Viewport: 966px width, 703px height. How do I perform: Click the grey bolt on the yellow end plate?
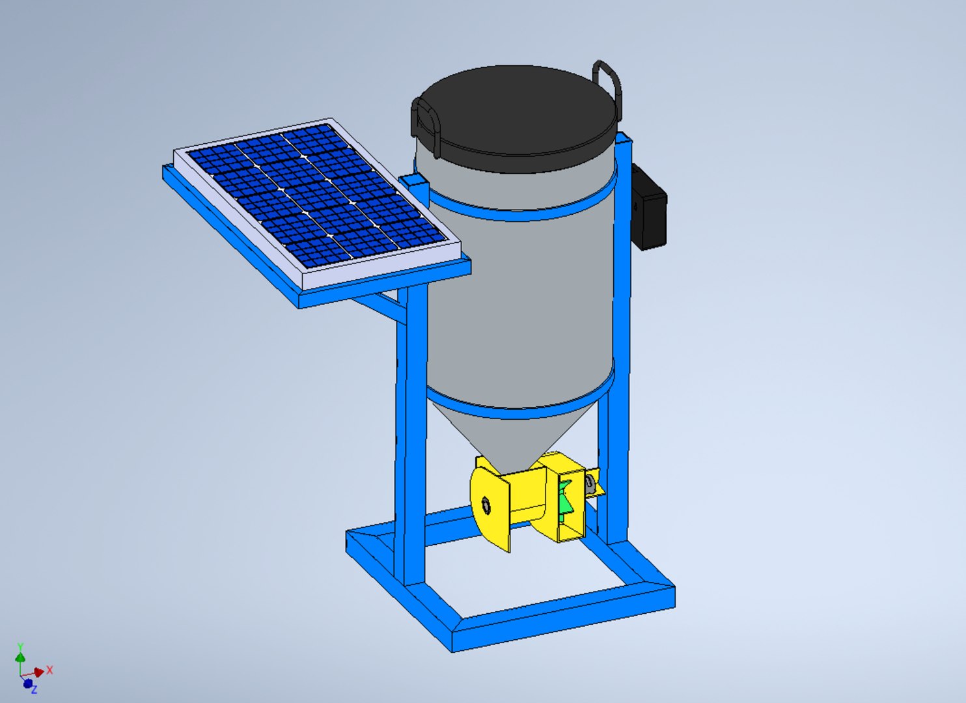485,504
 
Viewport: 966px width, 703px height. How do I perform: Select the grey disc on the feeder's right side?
590,484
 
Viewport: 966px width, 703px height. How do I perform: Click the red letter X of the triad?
49,670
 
